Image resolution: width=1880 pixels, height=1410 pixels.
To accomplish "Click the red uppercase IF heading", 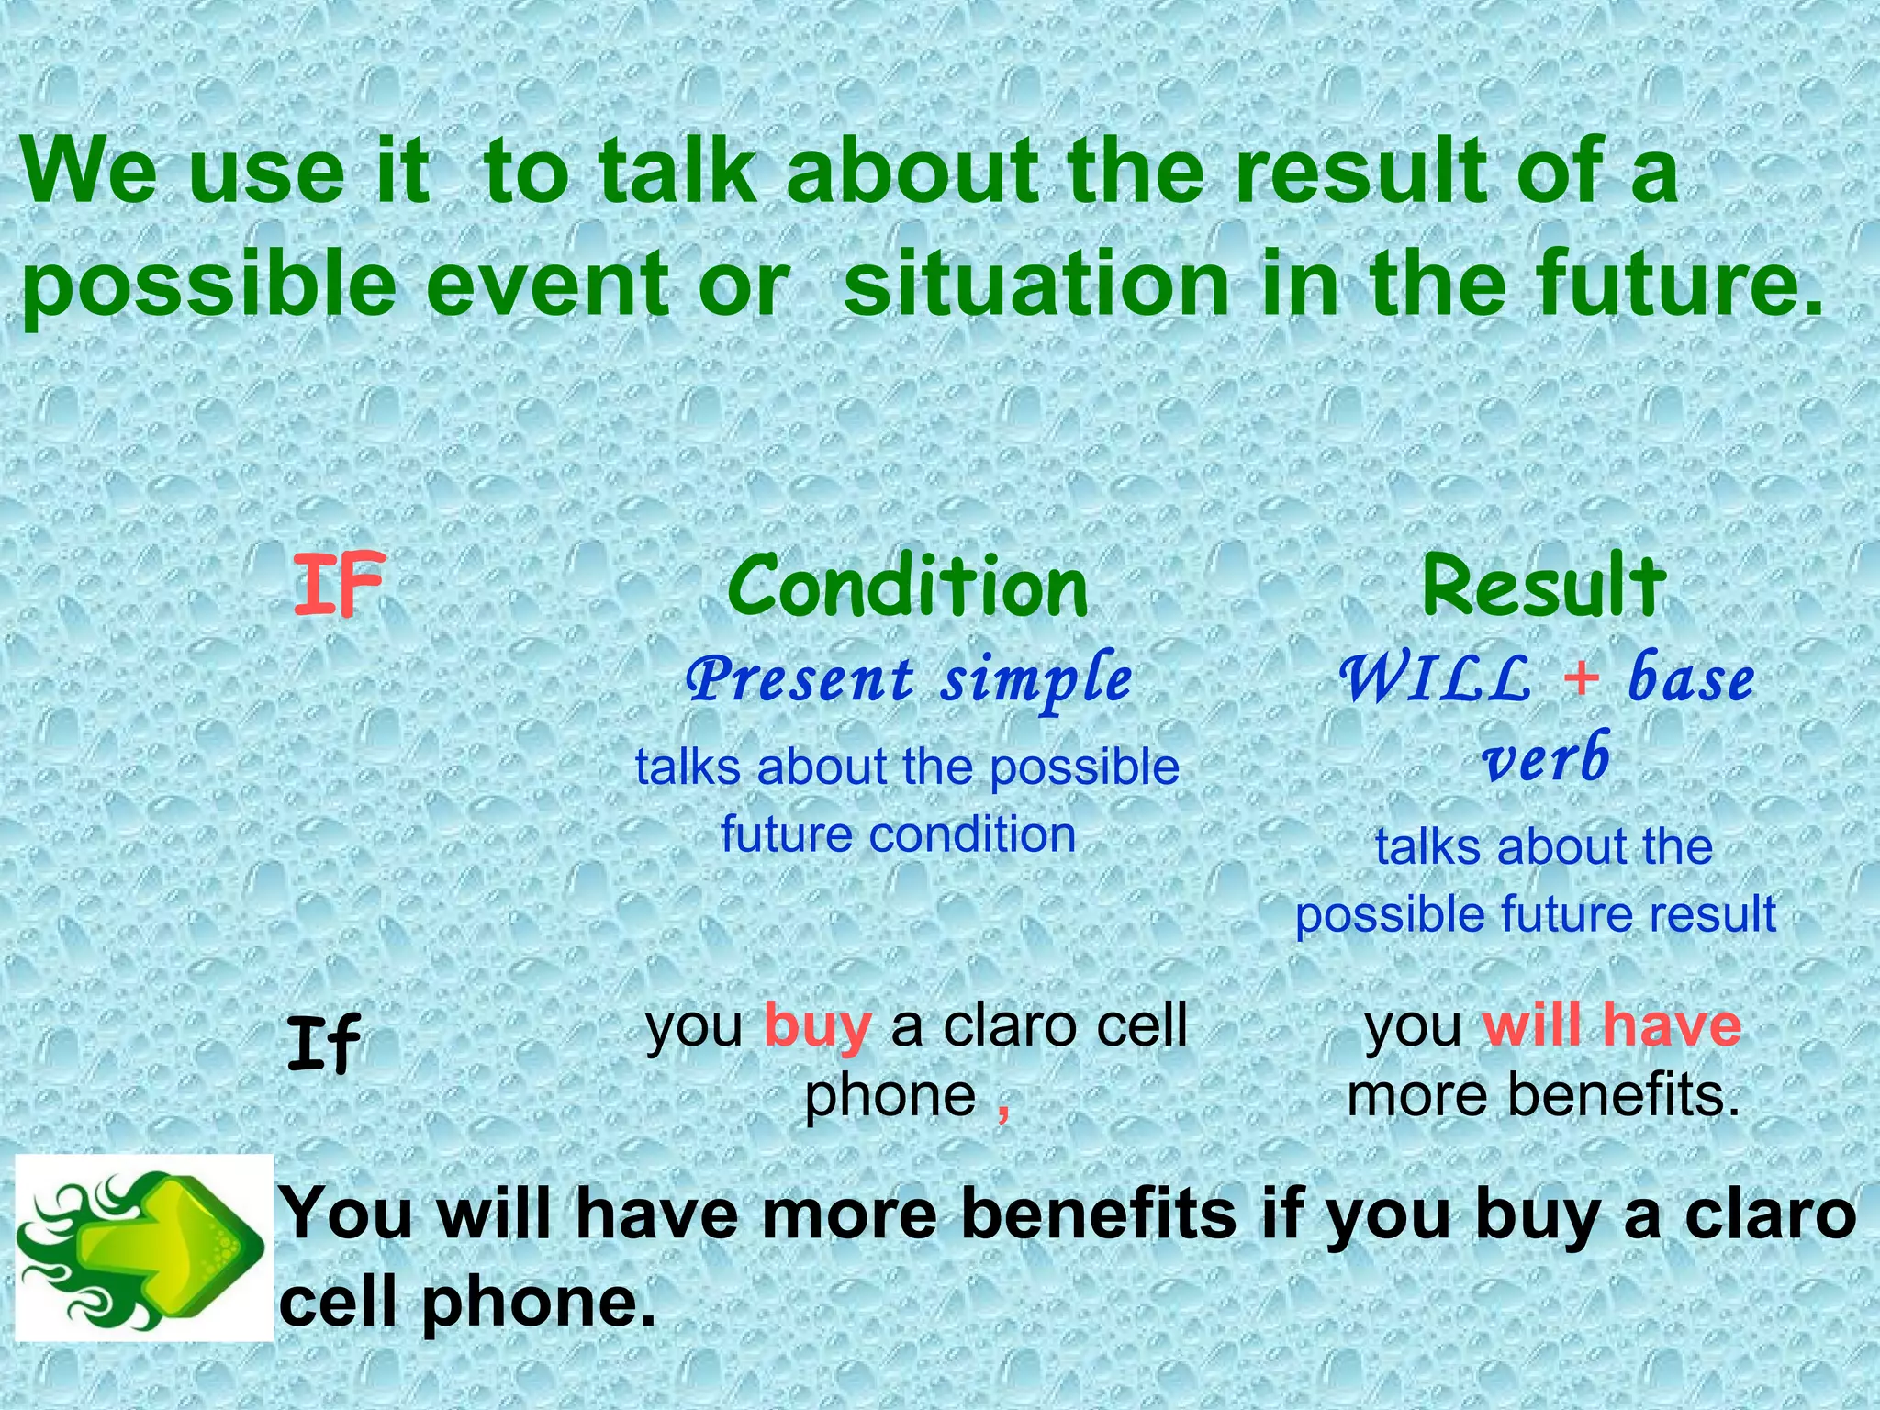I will tap(337, 585).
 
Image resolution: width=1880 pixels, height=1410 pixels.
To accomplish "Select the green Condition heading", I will tap(907, 587).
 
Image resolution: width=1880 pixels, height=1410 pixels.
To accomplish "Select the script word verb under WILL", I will tap(1547, 758).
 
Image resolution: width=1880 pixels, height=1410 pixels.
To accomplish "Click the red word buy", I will tap(817, 1025).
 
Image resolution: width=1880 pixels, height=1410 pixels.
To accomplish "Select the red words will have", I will tap(1612, 1025).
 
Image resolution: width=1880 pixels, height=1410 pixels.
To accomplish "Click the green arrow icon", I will tap(144, 1248).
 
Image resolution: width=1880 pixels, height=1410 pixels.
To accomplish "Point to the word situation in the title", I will tap(1035, 284).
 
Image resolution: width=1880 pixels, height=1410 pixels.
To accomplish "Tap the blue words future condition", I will tap(898, 834).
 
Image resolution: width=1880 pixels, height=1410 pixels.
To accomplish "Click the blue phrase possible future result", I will tap(1535, 914).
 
